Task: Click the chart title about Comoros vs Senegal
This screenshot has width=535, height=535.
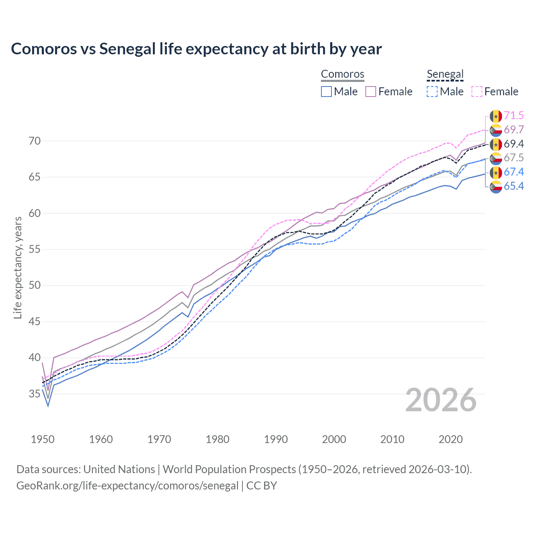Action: (196, 49)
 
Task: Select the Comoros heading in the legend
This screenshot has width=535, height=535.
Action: (342, 74)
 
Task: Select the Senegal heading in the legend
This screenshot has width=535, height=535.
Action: (445, 74)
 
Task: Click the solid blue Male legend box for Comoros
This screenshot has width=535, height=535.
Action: (326, 92)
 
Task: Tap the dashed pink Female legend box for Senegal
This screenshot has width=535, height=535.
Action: (477, 92)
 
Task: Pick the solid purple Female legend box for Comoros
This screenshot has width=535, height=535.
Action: (371, 92)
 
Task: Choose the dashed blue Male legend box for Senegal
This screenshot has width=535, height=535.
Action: (432, 92)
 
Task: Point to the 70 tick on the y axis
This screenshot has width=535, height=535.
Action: (35, 141)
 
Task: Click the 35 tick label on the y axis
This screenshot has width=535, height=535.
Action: (35, 394)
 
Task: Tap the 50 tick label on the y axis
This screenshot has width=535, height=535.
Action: (35, 285)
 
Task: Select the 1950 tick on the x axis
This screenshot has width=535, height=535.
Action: (43, 439)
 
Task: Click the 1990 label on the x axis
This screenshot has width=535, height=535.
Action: (276, 439)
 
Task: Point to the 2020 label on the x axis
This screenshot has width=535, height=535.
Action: (451, 439)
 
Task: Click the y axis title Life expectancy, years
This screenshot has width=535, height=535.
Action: (18, 267)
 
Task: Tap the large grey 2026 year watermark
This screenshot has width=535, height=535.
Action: (441, 400)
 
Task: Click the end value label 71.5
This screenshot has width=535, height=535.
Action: (514, 116)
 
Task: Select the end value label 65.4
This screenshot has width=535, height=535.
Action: (514, 186)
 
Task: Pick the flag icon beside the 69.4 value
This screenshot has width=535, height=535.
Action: (496, 144)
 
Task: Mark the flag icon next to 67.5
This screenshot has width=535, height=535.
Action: (496, 158)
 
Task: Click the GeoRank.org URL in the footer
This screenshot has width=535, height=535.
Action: (127, 486)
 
